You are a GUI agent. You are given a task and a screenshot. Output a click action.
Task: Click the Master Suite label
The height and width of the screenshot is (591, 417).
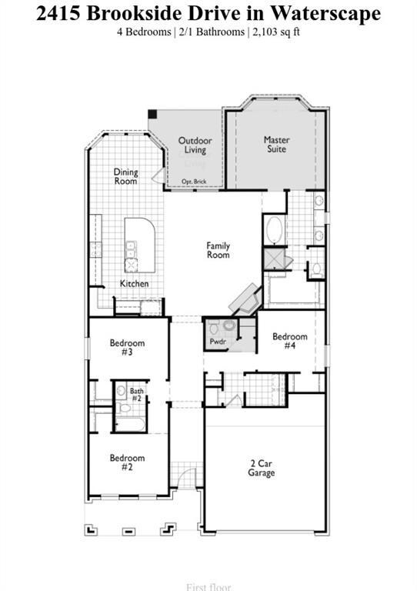click(x=276, y=145)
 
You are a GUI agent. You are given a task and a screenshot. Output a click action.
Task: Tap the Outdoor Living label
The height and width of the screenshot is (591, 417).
click(x=195, y=145)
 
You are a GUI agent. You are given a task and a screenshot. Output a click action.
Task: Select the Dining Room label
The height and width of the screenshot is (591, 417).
click(x=126, y=176)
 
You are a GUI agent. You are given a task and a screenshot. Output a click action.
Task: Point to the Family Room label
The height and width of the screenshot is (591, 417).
click(x=218, y=250)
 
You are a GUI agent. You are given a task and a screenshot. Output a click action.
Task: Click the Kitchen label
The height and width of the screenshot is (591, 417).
click(x=134, y=284)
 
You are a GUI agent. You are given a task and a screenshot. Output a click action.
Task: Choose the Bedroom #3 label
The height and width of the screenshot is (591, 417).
click(x=127, y=347)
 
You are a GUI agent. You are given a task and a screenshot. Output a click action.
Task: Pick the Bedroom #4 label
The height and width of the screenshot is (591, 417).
click(x=290, y=341)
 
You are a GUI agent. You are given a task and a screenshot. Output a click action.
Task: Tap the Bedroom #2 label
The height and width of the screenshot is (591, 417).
click(x=127, y=462)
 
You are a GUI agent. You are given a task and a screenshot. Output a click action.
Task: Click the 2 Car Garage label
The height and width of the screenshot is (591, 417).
click(x=262, y=468)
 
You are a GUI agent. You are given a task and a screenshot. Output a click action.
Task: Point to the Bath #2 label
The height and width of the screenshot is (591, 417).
click(x=136, y=395)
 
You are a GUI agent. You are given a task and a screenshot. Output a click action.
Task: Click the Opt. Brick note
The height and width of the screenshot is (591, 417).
click(x=194, y=182)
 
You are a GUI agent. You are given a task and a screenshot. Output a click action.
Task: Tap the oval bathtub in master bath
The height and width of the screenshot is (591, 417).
click(x=273, y=230)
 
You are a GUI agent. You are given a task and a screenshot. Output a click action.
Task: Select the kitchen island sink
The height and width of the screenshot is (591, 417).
click(x=132, y=248)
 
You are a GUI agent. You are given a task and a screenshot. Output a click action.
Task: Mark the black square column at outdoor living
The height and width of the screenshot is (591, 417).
click(x=152, y=115)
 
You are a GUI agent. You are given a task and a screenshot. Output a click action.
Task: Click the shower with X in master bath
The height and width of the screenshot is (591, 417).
click(x=274, y=259)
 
